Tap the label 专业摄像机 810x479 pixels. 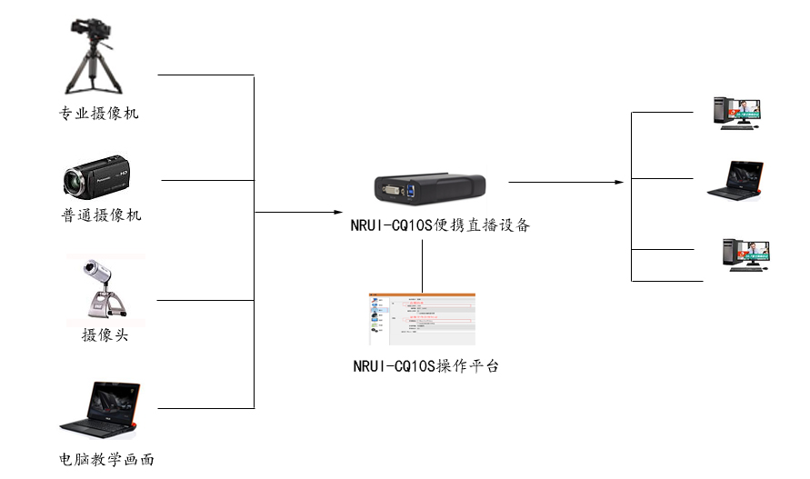[99, 115]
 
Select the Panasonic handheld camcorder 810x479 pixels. [98, 179]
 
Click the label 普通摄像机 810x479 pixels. [99, 215]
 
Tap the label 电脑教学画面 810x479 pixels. [100, 460]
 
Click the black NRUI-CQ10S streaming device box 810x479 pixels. [429, 190]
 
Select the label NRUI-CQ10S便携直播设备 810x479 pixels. [440, 226]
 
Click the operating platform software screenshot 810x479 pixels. [422, 319]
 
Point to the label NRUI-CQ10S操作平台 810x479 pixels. [425, 367]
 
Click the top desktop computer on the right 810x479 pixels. [736, 113]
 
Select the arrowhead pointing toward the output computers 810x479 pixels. [620, 183]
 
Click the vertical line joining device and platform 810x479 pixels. [424, 264]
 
